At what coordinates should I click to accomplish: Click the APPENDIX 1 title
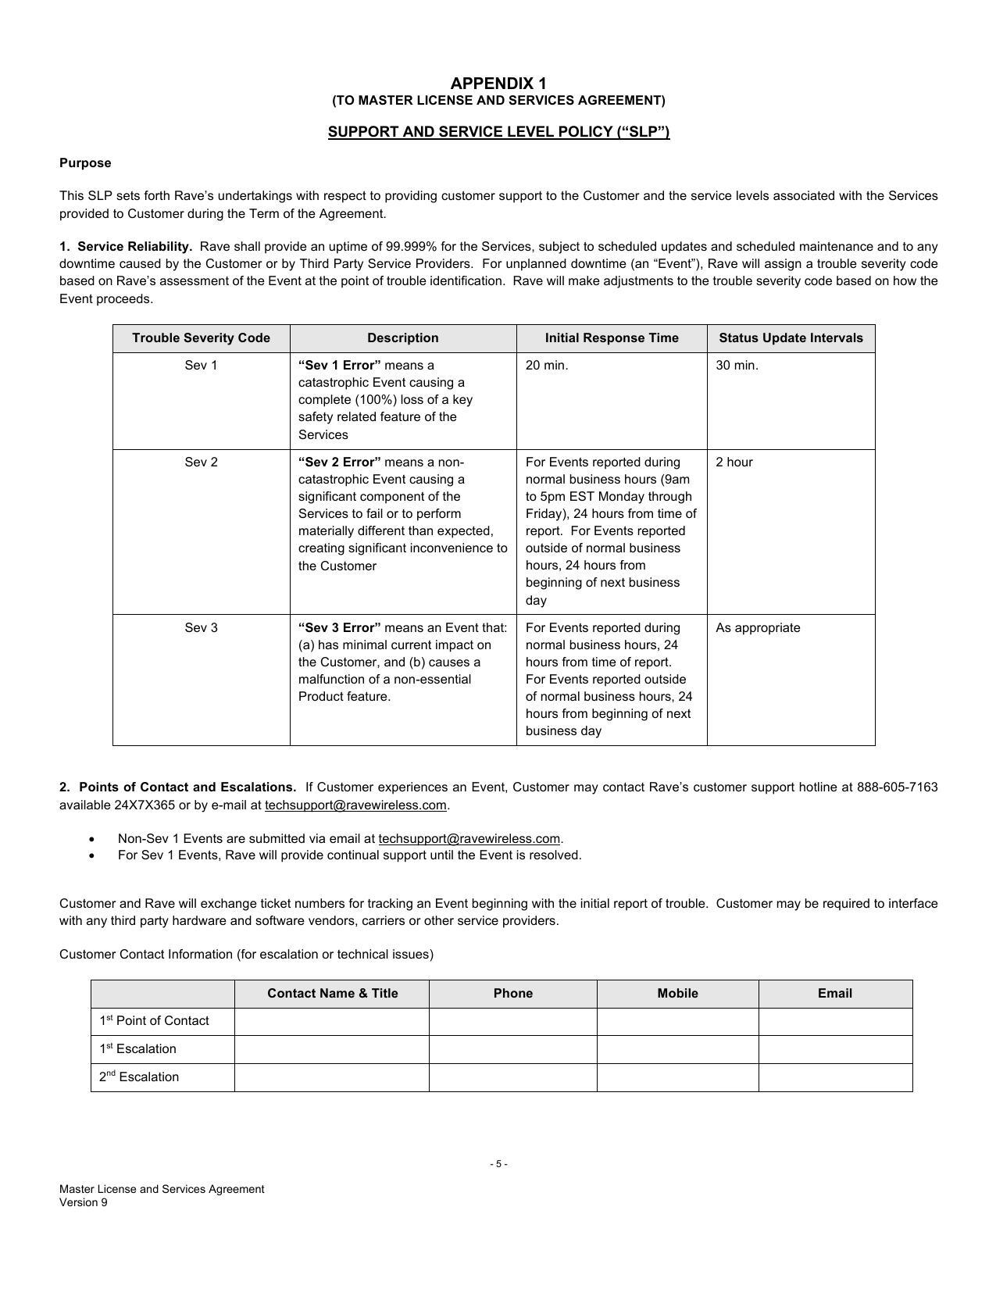coord(498,84)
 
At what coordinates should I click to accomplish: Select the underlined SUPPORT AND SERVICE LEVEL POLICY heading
coord(498,132)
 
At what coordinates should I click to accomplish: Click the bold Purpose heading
coord(85,163)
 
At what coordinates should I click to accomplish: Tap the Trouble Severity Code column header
coord(201,338)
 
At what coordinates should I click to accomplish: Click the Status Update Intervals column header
coord(791,338)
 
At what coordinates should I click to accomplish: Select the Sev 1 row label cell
coord(201,366)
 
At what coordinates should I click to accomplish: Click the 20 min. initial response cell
coord(547,366)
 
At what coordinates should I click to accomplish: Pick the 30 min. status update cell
coord(737,366)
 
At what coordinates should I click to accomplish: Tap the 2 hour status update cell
coord(734,462)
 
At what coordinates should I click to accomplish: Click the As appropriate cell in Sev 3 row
coord(758,628)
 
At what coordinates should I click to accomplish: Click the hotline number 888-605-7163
coord(897,787)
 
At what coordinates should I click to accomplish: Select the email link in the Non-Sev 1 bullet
coord(469,839)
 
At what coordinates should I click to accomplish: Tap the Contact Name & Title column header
coord(332,994)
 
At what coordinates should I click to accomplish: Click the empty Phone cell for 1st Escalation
coord(512,1049)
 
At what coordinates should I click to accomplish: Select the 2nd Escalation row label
coord(139,1077)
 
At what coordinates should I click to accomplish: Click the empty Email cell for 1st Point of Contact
coord(834,1021)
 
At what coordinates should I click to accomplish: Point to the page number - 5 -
coord(498,1164)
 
